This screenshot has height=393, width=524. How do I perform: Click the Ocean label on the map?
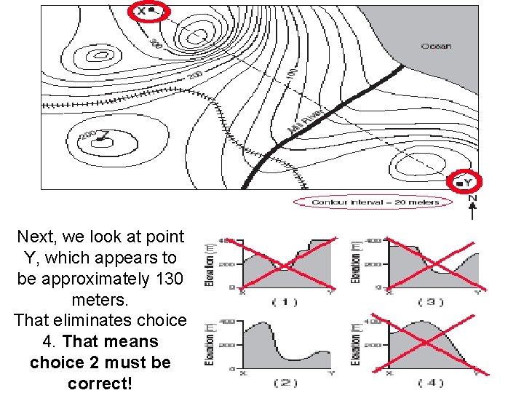[436, 46]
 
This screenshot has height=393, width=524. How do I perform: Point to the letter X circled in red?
[143, 11]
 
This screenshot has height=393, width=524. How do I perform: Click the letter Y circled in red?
[467, 180]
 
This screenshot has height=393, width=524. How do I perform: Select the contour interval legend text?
[375, 202]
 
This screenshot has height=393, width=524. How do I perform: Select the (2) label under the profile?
[285, 382]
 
